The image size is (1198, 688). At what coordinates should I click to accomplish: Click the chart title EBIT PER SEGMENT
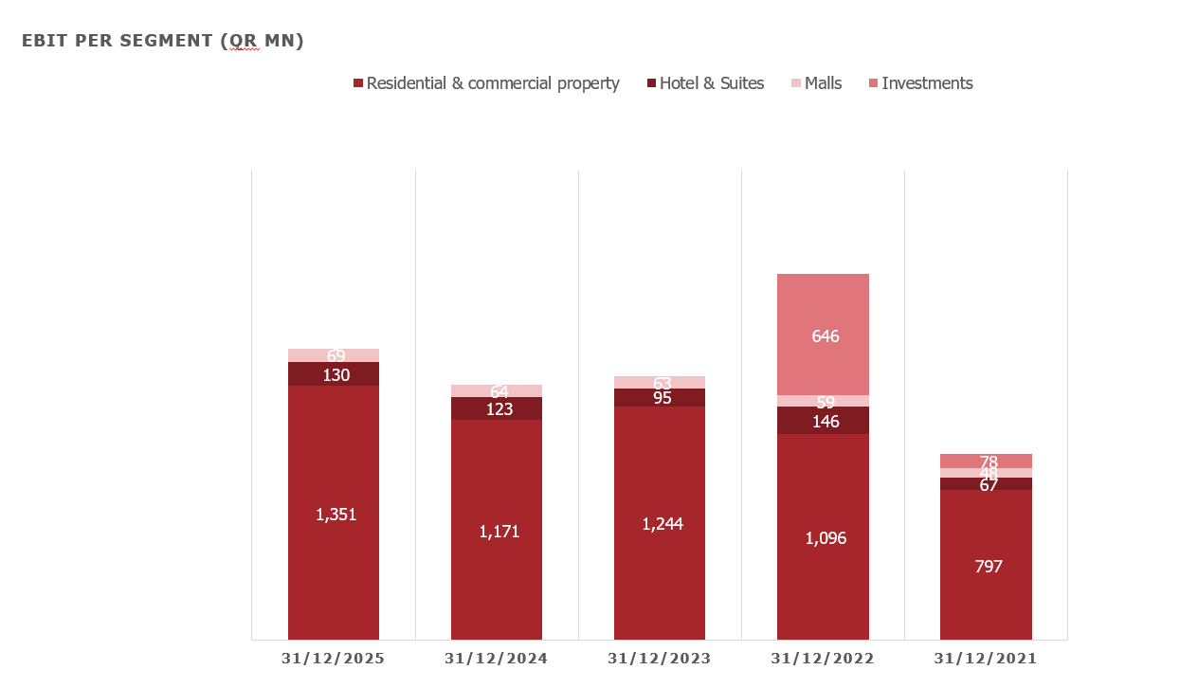pyautogui.click(x=163, y=41)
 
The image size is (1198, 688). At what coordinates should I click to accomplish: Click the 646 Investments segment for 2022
pyautogui.click(x=825, y=335)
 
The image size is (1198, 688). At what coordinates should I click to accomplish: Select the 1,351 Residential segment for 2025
pyautogui.click(x=336, y=515)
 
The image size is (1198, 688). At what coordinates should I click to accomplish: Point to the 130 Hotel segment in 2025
pyautogui.click(x=336, y=374)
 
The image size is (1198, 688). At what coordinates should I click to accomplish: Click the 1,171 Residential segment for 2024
pyautogui.click(x=499, y=532)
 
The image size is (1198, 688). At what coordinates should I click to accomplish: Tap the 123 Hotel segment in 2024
pyautogui.click(x=499, y=408)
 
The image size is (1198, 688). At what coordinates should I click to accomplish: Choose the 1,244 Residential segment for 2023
pyautogui.click(x=662, y=524)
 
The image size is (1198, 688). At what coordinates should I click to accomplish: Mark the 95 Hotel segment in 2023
pyautogui.click(x=662, y=398)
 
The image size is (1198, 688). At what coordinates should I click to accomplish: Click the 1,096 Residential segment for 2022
pyautogui.click(x=825, y=538)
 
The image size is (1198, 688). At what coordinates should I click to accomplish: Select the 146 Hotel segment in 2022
pyautogui.click(x=825, y=421)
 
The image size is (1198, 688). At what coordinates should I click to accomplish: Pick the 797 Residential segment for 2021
pyautogui.click(x=988, y=567)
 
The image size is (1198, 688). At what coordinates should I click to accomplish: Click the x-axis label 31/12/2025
pyautogui.click(x=334, y=659)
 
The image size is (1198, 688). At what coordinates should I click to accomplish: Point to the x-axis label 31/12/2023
pyautogui.click(x=660, y=659)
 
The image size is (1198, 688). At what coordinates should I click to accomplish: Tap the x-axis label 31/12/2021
pyautogui.click(x=986, y=659)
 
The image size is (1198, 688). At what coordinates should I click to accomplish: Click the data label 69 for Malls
pyautogui.click(x=336, y=355)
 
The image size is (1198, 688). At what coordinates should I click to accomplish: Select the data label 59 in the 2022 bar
pyautogui.click(x=825, y=402)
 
